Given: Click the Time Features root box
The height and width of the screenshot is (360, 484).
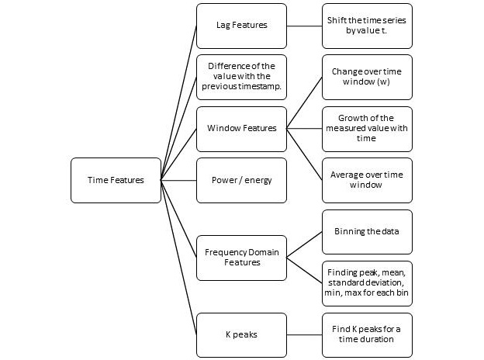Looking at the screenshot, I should [116, 180].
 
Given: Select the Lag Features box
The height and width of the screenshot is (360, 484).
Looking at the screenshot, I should [241, 26].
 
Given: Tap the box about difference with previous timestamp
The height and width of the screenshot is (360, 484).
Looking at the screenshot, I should [241, 77].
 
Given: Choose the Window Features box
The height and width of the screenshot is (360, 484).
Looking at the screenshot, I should [241, 128].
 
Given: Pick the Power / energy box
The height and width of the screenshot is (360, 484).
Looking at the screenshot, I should [241, 180].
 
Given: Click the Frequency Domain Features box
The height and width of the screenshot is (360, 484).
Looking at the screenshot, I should [241, 257].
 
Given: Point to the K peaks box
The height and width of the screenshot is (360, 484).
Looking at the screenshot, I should [241, 334].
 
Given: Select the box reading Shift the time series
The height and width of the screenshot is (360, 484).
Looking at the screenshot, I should [367, 26].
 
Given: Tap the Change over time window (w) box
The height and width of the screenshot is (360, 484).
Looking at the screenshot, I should [367, 77].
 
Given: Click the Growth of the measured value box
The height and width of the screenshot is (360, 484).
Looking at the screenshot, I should [367, 128].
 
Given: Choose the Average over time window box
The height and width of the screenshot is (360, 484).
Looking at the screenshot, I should [367, 180].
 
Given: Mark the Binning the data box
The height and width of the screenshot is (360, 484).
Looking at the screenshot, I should [367, 231].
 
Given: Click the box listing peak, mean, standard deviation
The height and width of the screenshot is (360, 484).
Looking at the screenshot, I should [367, 283].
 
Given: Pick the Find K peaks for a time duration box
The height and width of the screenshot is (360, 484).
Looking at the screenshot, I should [367, 334].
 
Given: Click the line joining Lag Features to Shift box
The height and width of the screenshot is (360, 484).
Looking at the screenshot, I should [304, 26].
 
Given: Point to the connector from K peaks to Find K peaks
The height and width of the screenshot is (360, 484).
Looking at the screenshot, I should [304, 334].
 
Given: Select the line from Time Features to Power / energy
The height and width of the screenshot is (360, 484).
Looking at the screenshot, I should [178, 180].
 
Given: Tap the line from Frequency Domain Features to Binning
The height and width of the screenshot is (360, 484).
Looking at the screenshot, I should [304, 244].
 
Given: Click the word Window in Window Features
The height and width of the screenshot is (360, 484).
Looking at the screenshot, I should [223, 128].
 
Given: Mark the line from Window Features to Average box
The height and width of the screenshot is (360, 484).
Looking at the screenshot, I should [304, 154].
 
